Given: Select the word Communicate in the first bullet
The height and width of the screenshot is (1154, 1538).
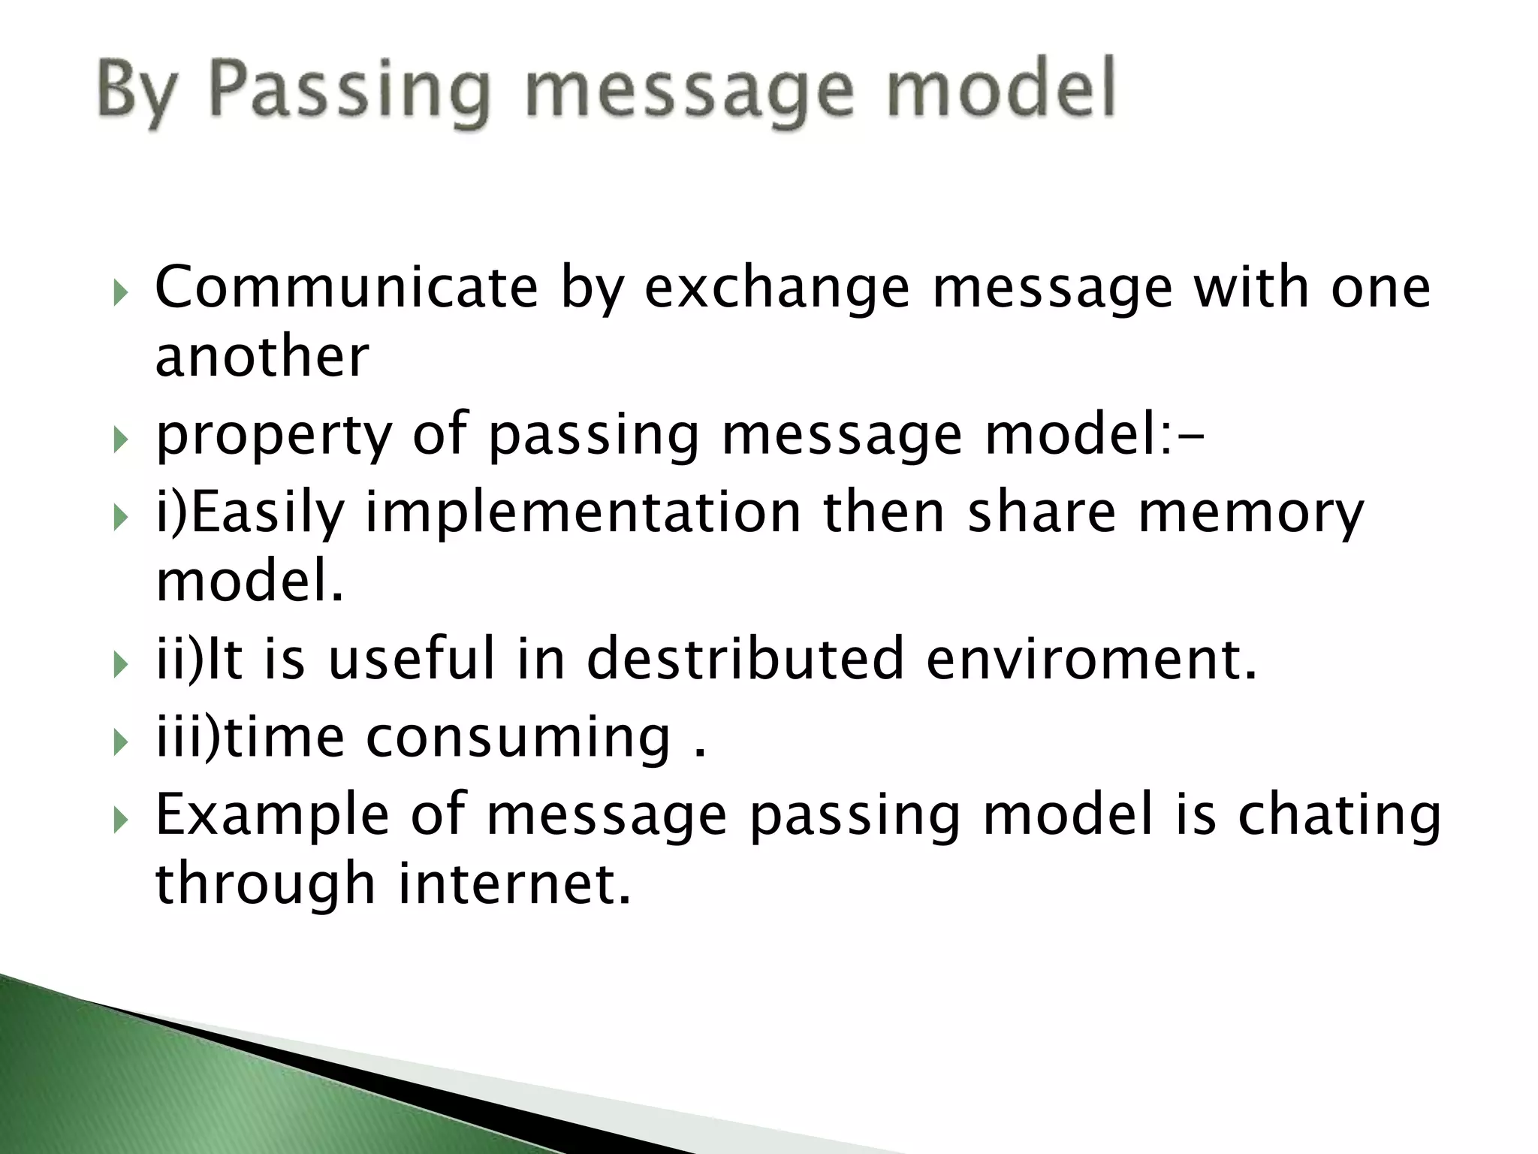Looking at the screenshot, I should pyautogui.click(x=346, y=288).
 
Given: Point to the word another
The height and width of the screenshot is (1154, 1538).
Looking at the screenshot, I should pyautogui.click(x=262, y=356).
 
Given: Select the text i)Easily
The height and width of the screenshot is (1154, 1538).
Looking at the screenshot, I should pyautogui.click(x=250, y=515).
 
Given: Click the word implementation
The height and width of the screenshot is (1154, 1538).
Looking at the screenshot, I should pyautogui.click(x=584, y=513).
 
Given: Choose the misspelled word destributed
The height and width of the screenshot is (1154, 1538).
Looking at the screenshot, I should pyautogui.click(x=745, y=658).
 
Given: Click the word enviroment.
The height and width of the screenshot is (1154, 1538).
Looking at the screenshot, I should pyautogui.click(x=1091, y=658).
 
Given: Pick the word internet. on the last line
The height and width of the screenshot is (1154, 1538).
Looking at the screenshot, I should pyautogui.click(x=514, y=883).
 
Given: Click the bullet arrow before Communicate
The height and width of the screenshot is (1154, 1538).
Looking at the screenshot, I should pyautogui.click(x=122, y=291).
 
